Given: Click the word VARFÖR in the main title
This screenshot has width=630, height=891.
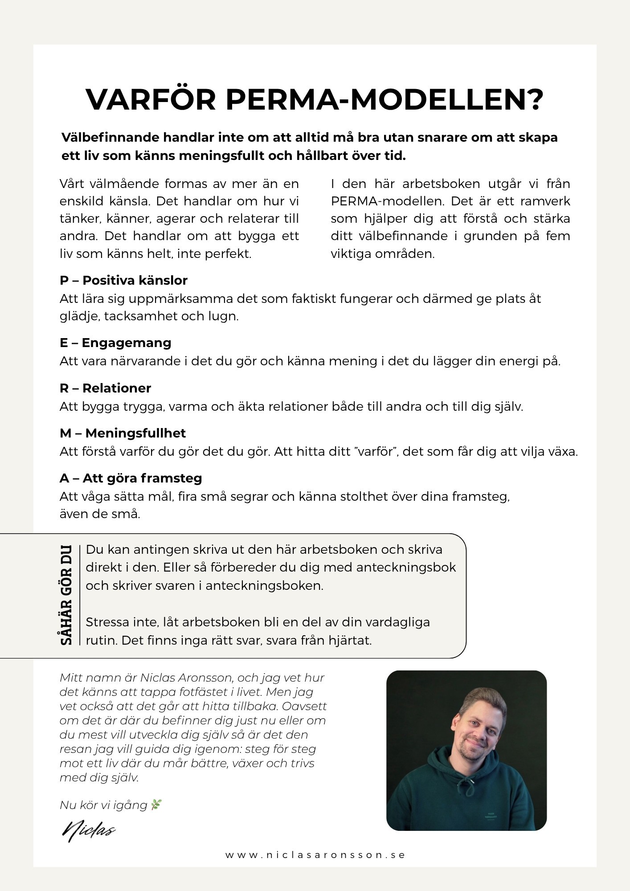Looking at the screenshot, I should point(150,100).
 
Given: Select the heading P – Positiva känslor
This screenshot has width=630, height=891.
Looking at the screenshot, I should point(123,280).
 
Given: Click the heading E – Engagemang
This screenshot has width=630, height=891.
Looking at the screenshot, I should point(115,343).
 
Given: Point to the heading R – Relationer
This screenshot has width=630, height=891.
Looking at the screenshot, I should point(105,388).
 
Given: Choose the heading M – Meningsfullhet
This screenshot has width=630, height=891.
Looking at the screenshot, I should point(123,433).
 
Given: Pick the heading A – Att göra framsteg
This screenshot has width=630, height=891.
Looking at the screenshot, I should point(131,478).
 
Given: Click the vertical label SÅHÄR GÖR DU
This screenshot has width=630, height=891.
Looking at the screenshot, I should point(66,594).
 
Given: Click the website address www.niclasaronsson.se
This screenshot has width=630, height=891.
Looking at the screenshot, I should point(315,855).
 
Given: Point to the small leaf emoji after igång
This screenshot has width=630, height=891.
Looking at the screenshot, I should point(156,805).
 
